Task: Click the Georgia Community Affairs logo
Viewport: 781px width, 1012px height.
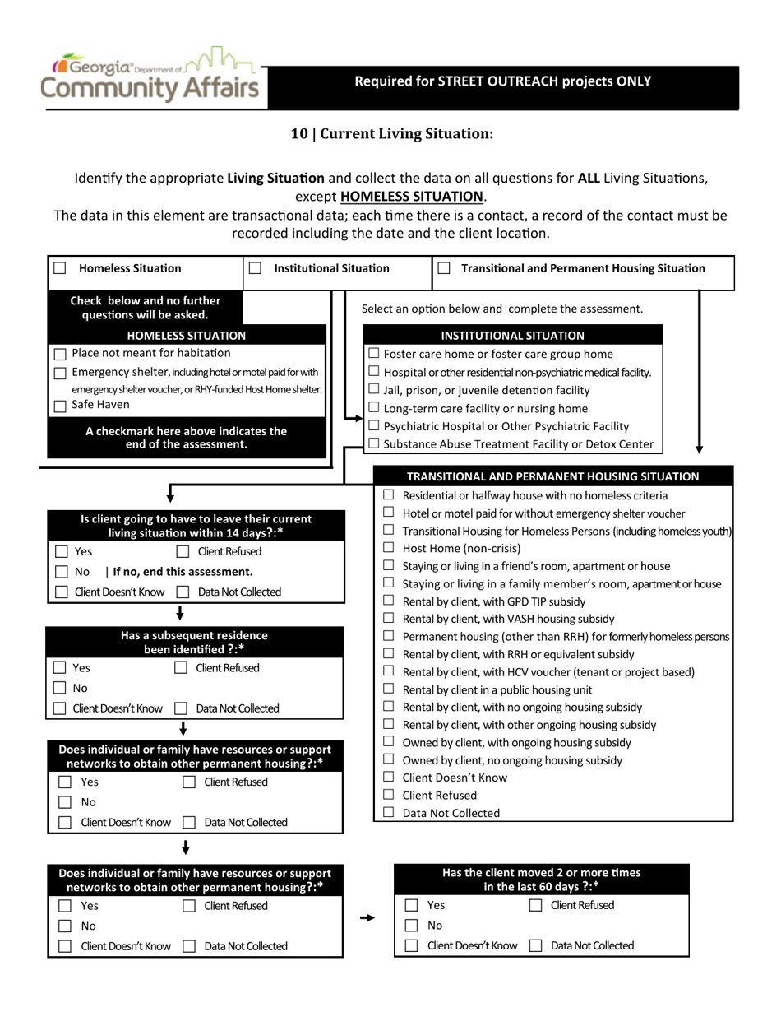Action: tap(152, 77)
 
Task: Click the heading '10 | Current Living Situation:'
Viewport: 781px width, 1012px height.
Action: tap(391, 133)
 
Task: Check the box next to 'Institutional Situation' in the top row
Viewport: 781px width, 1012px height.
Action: tap(255, 268)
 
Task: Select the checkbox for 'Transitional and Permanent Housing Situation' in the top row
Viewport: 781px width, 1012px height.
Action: tap(444, 268)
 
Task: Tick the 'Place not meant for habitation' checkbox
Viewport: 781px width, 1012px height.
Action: tap(60, 354)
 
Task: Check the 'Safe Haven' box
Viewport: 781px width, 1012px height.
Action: tap(60, 406)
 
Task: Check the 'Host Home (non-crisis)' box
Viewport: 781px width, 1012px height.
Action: tap(389, 548)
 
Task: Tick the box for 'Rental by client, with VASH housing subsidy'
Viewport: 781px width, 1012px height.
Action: tap(389, 619)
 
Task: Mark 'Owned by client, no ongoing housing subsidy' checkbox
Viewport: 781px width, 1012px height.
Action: tap(389, 760)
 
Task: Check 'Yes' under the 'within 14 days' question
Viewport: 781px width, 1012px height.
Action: tap(62, 551)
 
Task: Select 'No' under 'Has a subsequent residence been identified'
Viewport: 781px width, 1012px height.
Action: tap(60, 688)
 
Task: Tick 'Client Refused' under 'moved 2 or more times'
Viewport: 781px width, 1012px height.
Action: tap(536, 905)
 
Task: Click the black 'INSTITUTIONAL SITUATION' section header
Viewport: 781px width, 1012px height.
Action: tap(513, 336)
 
